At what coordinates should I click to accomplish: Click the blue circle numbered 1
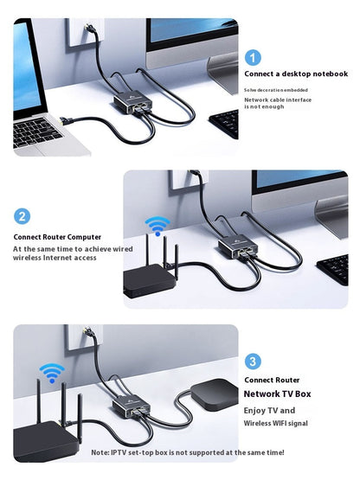point(253,58)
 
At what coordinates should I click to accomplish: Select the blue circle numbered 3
point(253,362)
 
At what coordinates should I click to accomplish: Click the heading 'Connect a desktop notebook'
point(295,74)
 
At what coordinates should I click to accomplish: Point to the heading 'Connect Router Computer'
point(57,236)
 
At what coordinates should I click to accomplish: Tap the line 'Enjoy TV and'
point(269,410)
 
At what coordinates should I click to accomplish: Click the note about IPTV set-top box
point(188,452)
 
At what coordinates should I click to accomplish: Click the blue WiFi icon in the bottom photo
point(52,373)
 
